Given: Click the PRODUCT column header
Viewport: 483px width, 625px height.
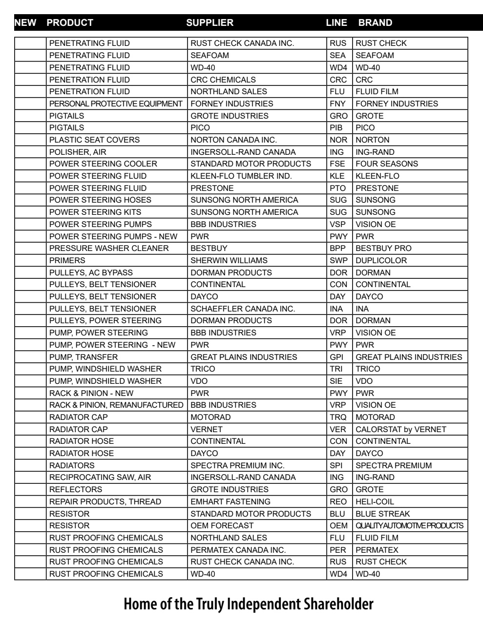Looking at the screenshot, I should (70, 22).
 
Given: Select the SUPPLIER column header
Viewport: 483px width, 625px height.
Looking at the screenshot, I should (210, 22).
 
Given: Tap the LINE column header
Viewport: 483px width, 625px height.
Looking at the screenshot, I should (336, 22).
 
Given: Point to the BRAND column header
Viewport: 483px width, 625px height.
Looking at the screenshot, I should (375, 22).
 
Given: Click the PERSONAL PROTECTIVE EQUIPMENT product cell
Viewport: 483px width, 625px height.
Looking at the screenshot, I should (116, 104).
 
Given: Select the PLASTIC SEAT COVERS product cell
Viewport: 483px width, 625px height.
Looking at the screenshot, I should (94, 140).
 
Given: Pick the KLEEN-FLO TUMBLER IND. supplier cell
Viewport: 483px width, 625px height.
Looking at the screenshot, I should (241, 176).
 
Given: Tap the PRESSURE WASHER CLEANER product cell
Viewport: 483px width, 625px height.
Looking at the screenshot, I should (109, 248).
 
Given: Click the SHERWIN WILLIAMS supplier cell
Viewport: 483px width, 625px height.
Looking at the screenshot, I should (229, 260).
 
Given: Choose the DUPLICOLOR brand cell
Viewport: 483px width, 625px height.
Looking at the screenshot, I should (381, 260).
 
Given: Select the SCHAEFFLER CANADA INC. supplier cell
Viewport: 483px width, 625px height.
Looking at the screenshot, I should (243, 309).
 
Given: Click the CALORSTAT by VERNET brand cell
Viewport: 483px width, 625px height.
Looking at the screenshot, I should (401, 429).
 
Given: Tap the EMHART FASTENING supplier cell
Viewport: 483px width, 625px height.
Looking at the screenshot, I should (231, 501).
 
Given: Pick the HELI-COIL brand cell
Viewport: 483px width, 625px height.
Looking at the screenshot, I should (375, 501).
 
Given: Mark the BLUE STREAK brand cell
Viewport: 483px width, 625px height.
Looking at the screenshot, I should (383, 514).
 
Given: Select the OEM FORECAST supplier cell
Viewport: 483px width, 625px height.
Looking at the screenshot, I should (222, 525).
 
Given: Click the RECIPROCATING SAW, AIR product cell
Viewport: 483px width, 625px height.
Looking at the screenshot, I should (100, 477).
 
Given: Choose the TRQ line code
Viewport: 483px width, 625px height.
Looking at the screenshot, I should (338, 417).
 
